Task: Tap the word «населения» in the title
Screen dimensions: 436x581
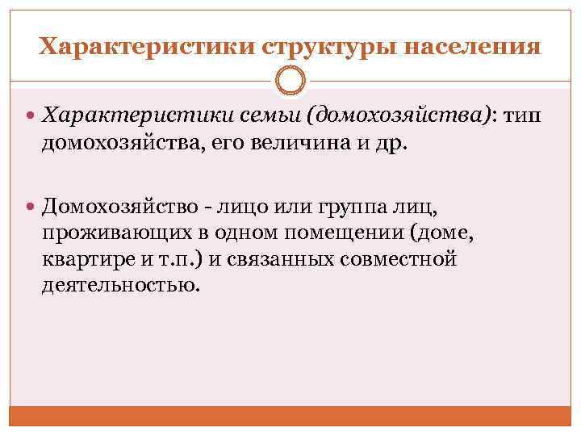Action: pos(472,46)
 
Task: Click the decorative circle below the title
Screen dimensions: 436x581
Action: pos(290,82)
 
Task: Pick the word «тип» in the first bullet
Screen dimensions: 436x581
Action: pos(524,117)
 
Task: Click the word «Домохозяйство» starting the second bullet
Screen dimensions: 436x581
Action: pos(119,207)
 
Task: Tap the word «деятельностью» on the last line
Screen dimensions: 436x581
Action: pos(119,285)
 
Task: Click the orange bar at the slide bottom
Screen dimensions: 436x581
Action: pos(290,416)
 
